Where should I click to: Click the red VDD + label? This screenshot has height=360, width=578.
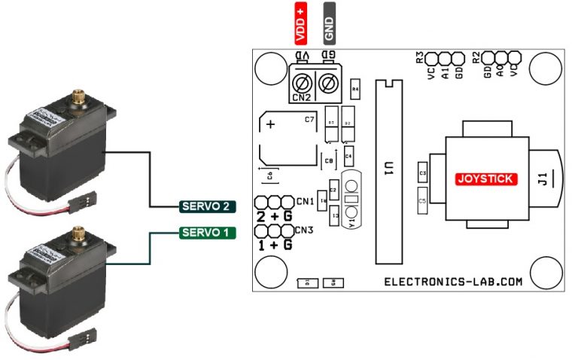[x=301, y=22]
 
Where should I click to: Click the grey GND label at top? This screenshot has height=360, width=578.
[x=329, y=22]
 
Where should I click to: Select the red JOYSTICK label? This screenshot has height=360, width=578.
[x=486, y=179]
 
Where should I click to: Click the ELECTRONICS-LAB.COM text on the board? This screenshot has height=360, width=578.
[x=453, y=282]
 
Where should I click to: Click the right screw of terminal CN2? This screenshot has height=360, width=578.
[x=328, y=83]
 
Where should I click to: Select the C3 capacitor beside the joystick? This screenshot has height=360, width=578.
[x=422, y=174]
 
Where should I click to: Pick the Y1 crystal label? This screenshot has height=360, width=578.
[x=351, y=222]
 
